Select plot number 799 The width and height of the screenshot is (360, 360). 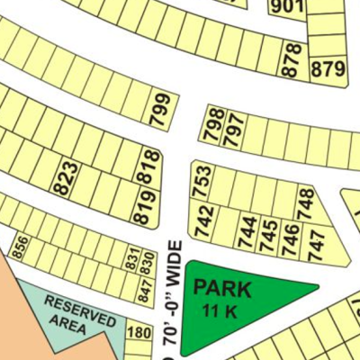tap(160, 111)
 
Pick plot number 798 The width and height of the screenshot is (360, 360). tap(214, 124)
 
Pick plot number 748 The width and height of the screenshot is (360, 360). tap(305, 204)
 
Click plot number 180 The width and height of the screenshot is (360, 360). tap(139, 334)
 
